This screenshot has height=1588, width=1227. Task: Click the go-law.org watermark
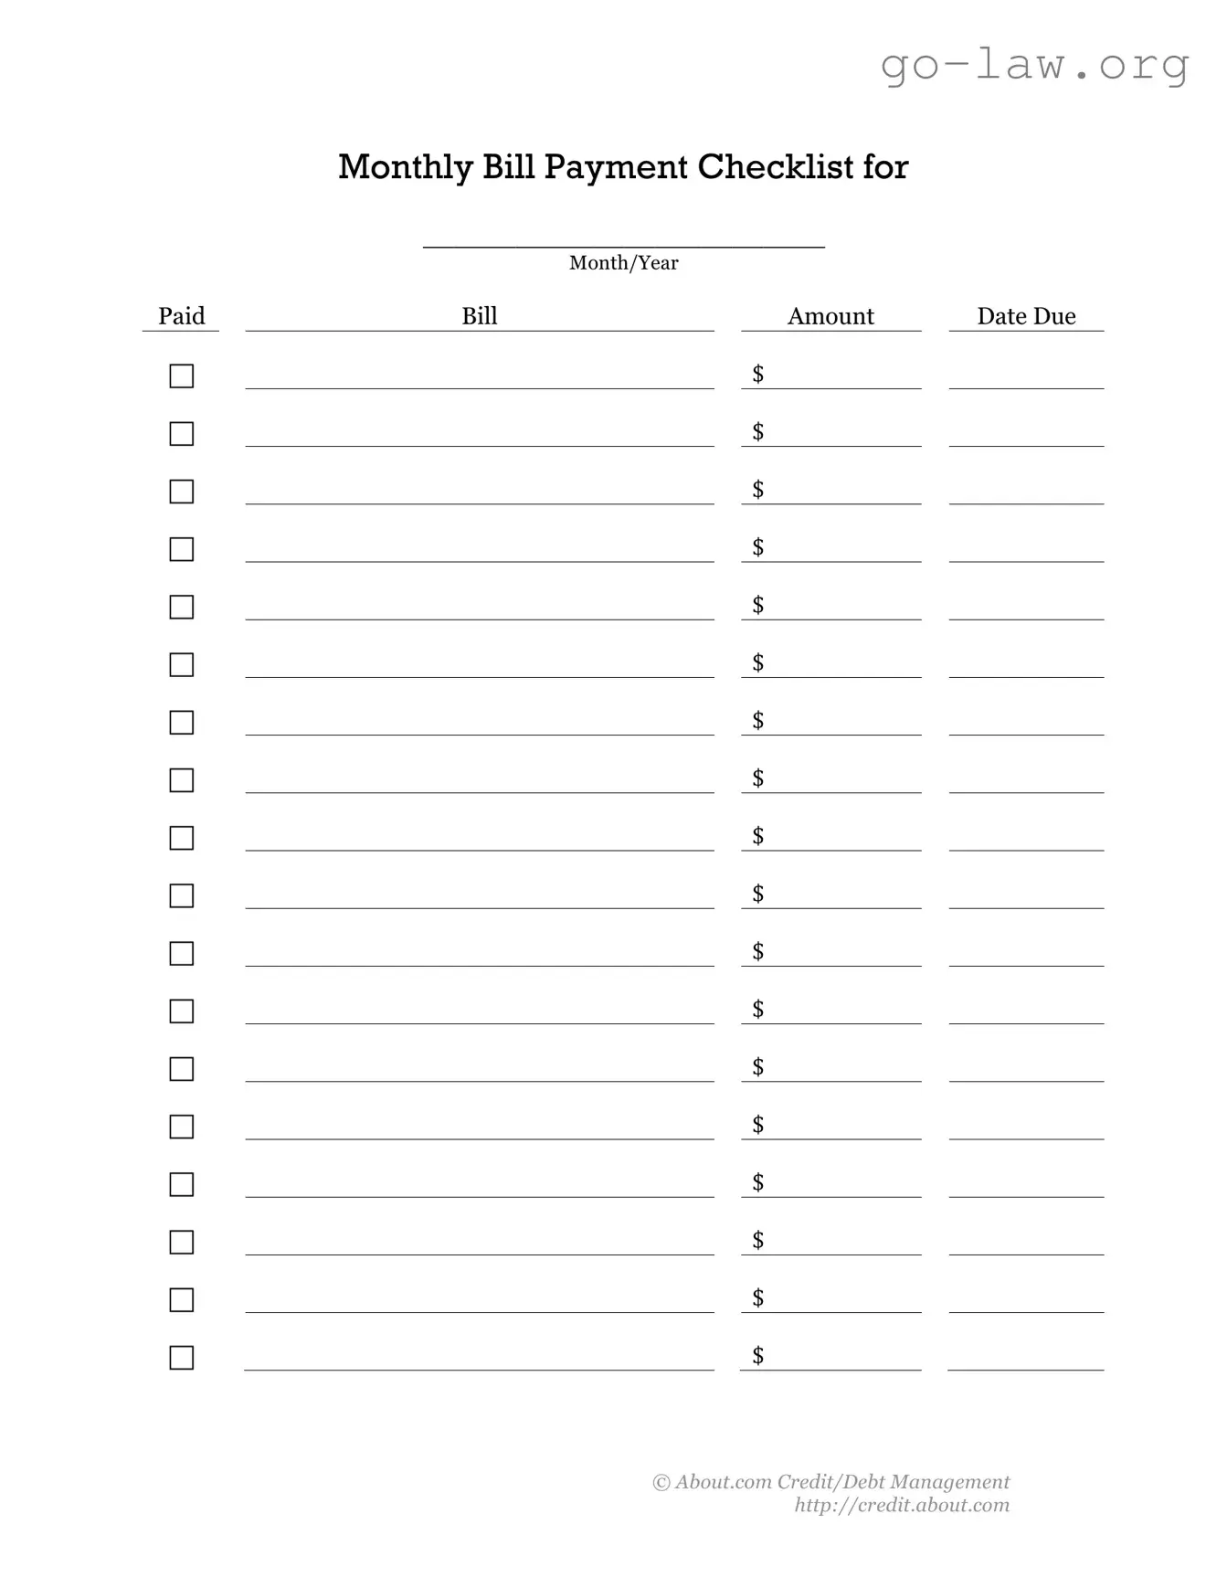pos(1034,66)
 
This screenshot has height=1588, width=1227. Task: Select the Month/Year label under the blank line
pos(623,263)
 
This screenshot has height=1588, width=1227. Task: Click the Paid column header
pos(181,316)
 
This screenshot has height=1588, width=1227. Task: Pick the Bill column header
pos(479,316)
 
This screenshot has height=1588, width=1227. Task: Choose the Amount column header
pos(830,316)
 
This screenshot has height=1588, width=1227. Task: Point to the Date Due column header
pos(1026,316)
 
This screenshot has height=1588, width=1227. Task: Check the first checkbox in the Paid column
pos(182,376)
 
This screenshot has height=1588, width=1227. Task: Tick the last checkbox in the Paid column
pos(182,1358)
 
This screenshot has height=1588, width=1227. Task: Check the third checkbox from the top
pos(182,492)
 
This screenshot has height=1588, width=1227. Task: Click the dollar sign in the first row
pos(757,374)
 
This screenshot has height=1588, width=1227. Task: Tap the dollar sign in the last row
pos(757,1355)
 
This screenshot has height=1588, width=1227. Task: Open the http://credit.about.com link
pos(902,1506)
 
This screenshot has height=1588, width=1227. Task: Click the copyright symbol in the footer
pos(661,1483)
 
